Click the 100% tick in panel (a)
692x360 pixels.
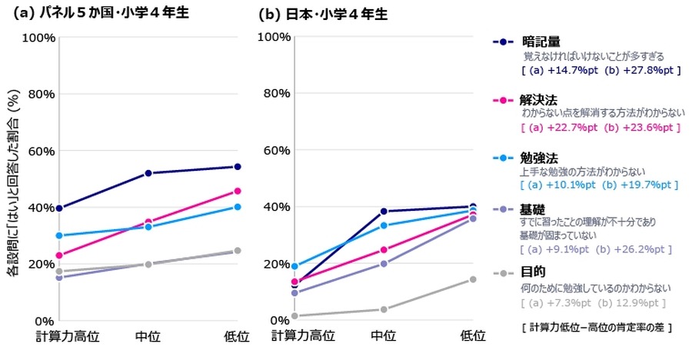click(x=37, y=37)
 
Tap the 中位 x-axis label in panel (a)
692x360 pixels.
click(x=148, y=336)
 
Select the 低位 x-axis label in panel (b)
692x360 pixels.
click(x=472, y=336)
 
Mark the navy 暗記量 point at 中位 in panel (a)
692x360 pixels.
click(x=148, y=173)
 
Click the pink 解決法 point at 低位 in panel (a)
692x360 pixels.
click(x=237, y=191)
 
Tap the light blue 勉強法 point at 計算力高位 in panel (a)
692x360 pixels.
click(x=59, y=235)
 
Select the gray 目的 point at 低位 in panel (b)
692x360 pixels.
click(x=472, y=279)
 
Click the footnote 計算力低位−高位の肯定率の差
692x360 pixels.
click(x=597, y=327)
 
